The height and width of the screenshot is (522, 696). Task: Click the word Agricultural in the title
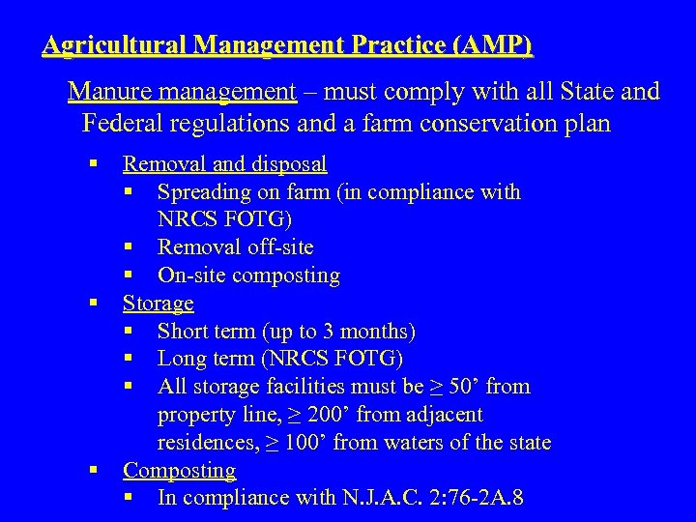tap(115, 45)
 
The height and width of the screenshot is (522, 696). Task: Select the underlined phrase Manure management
tap(182, 92)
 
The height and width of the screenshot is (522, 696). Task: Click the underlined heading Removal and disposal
tap(224, 164)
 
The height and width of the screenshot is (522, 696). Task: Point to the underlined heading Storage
tap(158, 304)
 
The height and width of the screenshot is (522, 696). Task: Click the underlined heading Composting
tap(179, 471)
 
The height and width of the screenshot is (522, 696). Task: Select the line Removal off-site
tap(235, 247)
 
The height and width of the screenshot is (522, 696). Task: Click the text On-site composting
tap(248, 275)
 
